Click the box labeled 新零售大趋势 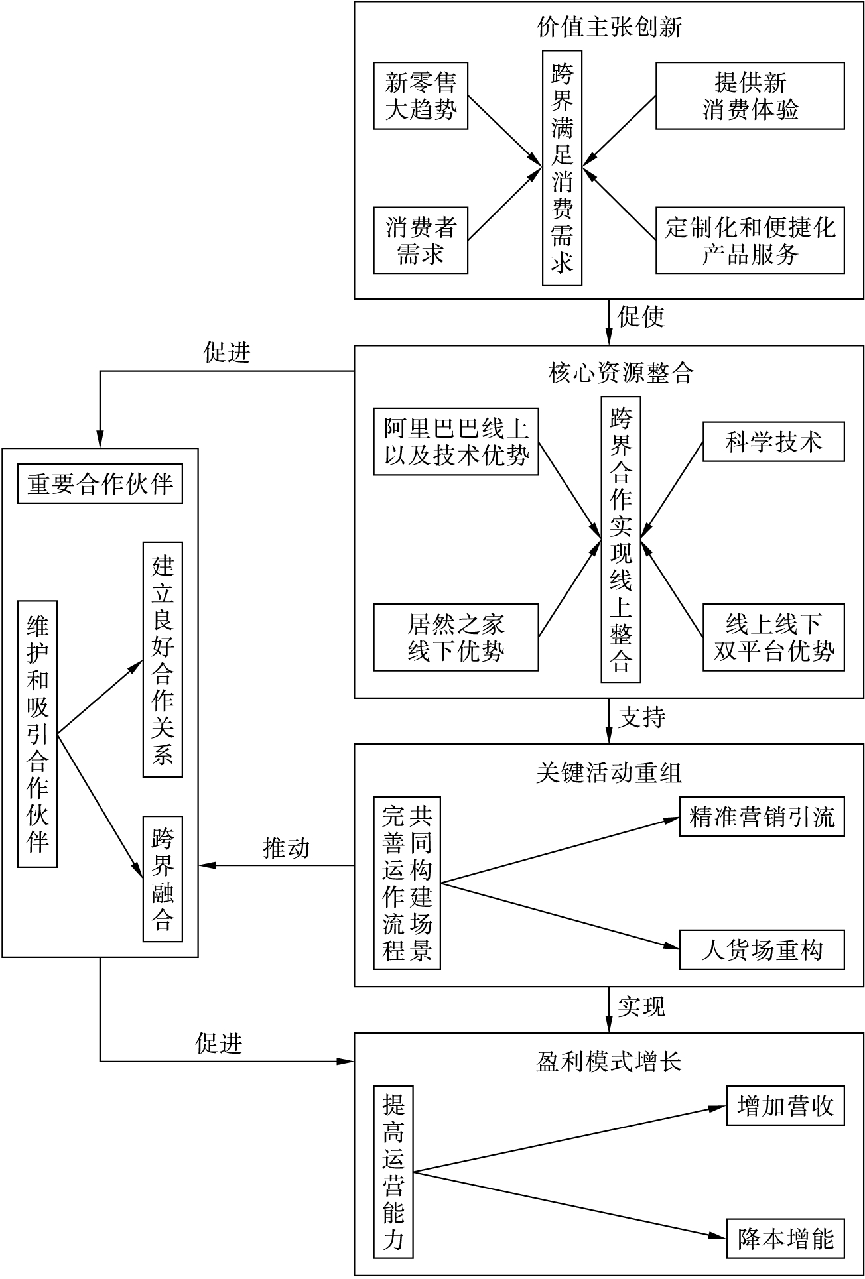(421, 95)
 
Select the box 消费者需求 (421, 241)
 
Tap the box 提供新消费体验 (750, 95)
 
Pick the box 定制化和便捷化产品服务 (750, 241)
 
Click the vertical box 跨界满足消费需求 (562, 168)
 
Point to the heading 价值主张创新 (609, 27)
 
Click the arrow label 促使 (641, 317)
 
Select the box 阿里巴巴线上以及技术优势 (456, 442)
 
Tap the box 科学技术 (773, 442)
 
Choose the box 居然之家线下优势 (456, 637)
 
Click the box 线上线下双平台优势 (773, 637)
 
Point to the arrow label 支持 (641, 717)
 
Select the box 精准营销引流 (762, 817)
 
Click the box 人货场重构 (762, 950)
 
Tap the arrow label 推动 (287, 848)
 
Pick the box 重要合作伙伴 (100, 485)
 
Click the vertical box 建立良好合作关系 (163, 659)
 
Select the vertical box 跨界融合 (163, 879)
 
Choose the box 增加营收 (785, 1106)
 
